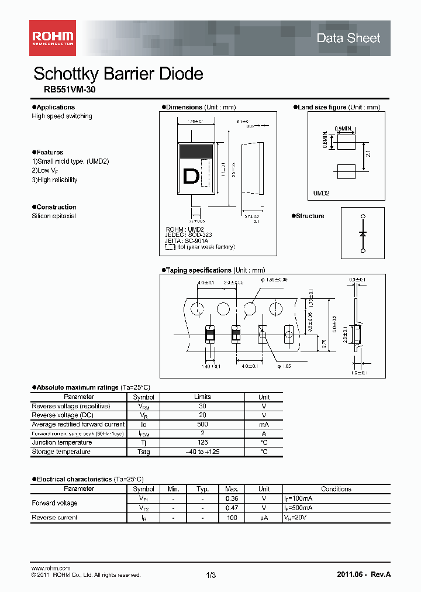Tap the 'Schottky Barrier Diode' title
[x=118, y=74]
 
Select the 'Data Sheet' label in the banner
[x=348, y=39]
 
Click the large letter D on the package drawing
[x=191, y=176]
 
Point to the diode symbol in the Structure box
[x=363, y=233]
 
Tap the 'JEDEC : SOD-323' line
[x=189, y=235]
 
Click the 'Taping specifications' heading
[x=198, y=270]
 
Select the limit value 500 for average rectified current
[x=202, y=424]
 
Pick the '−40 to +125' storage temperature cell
[x=202, y=452]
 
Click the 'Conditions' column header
[x=336, y=489]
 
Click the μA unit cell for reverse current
[x=264, y=518]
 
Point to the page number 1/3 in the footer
[x=211, y=576]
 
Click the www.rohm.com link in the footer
[x=50, y=568]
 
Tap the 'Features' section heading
[x=50, y=153]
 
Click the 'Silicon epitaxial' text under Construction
[x=54, y=216]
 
